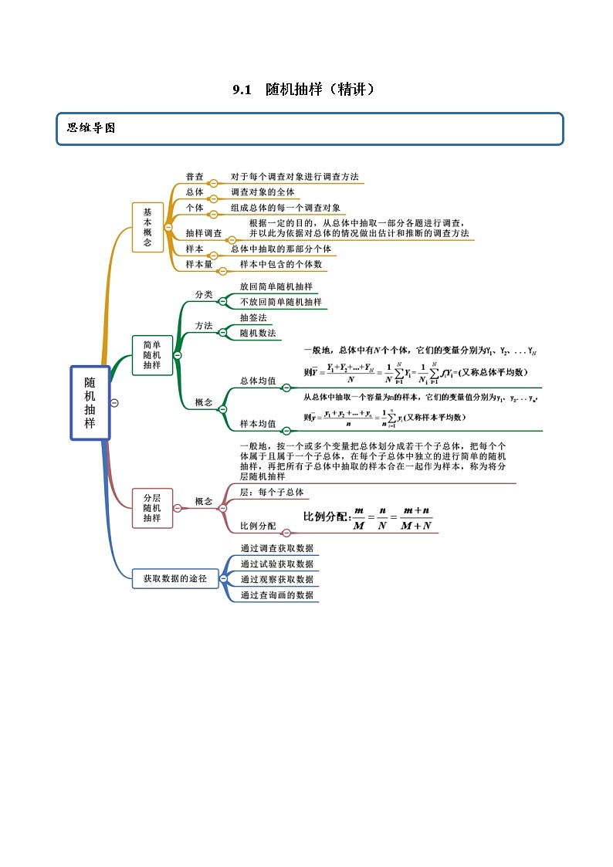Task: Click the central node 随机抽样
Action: pos(90,402)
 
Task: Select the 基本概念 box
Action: pos(147,227)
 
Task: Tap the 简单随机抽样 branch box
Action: pos(152,354)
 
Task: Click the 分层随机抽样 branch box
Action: pos(152,507)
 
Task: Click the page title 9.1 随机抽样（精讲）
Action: pos(306,90)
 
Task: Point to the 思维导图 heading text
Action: pos(90,128)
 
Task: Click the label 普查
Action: pos(195,177)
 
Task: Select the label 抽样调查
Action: pos(204,232)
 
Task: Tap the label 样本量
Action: pos(199,264)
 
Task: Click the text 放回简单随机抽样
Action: pos(276,286)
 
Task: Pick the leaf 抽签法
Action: pos(253,317)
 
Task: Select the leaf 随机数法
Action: pos(258,333)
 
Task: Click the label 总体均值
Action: pos(258,381)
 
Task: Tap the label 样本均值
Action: pos(258,423)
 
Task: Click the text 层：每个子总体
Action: pos(272,492)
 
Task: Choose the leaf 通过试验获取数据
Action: pos(276,564)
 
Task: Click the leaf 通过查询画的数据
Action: pos(276,595)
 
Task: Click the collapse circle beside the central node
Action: pos(114,402)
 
